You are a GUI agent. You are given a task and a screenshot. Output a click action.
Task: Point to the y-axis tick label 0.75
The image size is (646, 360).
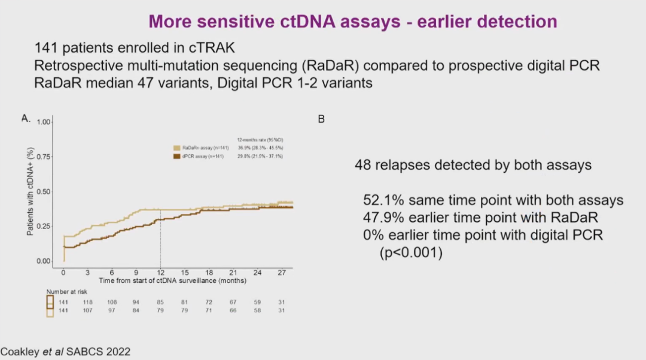click(x=44, y=157)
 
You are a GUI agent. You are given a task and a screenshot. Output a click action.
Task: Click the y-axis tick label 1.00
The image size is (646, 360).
click(x=44, y=122)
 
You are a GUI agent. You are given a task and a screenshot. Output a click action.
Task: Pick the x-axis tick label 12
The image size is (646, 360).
click(x=160, y=272)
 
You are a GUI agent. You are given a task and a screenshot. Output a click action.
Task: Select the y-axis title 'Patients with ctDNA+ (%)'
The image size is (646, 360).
click(x=29, y=191)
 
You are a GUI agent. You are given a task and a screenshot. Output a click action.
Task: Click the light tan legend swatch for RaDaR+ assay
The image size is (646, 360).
click(x=177, y=147)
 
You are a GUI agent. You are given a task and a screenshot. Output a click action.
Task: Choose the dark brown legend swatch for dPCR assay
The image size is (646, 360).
click(x=177, y=156)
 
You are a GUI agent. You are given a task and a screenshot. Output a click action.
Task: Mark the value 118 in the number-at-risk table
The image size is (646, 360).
click(x=88, y=302)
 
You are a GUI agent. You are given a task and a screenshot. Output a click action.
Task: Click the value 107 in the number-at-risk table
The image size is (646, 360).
click(x=88, y=310)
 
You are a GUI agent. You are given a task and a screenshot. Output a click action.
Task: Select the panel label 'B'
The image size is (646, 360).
click(x=321, y=120)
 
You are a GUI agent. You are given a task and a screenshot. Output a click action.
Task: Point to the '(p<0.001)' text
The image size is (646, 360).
click(x=412, y=253)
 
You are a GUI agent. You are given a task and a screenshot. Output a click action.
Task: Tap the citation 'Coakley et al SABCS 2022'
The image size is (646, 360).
click(x=65, y=352)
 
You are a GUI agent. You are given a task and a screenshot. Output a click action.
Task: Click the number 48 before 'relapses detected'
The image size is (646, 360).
click(x=362, y=165)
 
